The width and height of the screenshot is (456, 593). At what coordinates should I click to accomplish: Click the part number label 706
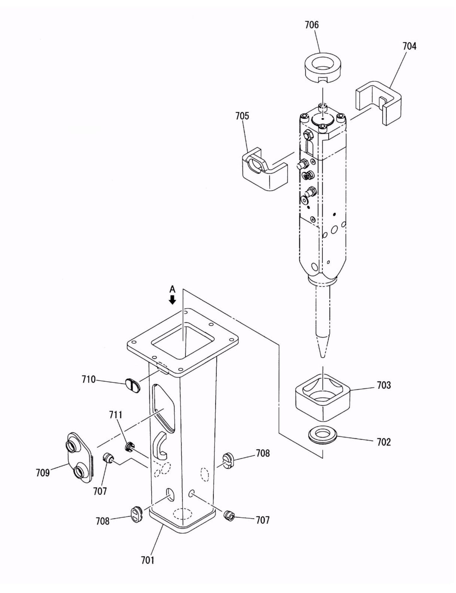pyautogui.click(x=311, y=25)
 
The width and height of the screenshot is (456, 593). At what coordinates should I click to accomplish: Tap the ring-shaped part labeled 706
pyautogui.click(x=323, y=68)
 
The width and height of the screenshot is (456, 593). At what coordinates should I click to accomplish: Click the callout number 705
pyautogui.click(x=242, y=116)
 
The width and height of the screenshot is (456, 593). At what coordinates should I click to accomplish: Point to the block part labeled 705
pyautogui.click(x=264, y=170)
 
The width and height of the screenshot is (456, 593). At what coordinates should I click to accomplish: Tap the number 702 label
pyautogui.click(x=383, y=442)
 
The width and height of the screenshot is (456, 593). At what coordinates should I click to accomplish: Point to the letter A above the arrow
pyautogui.click(x=172, y=289)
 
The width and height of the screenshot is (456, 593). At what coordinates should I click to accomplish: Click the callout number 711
pyautogui.click(x=116, y=415)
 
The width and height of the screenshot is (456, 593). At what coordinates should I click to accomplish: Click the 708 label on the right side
pyautogui.click(x=263, y=453)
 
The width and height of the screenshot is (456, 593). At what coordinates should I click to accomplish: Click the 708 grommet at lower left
pyautogui.click(x=137, y=514)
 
